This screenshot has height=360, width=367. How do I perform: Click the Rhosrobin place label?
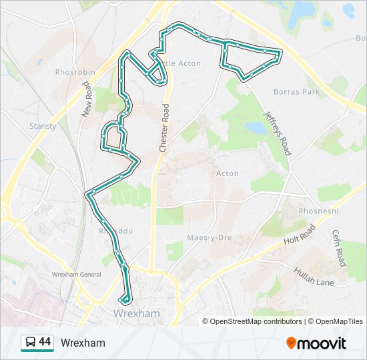coord(75,72)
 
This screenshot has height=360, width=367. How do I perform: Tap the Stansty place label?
coord(43,125)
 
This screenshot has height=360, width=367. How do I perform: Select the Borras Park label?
coord(298,92)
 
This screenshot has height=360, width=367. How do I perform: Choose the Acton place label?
coord(227,173)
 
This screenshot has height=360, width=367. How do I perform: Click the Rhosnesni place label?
coord(318,211)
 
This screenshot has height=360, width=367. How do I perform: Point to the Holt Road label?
coord(298,234)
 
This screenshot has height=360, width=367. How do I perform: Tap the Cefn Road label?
coord(339,247)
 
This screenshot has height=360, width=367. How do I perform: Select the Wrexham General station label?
coord(76,275)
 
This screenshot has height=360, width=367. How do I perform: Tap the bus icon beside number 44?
coord(29,343)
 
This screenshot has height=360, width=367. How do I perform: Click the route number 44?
coord(45,342)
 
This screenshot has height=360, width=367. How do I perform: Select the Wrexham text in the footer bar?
coord(83,343)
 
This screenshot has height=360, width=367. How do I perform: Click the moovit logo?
coord(316,343)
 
